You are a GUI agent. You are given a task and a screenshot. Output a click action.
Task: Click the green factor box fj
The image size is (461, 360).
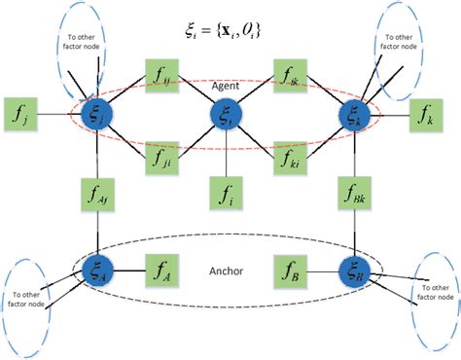(21, 115)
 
